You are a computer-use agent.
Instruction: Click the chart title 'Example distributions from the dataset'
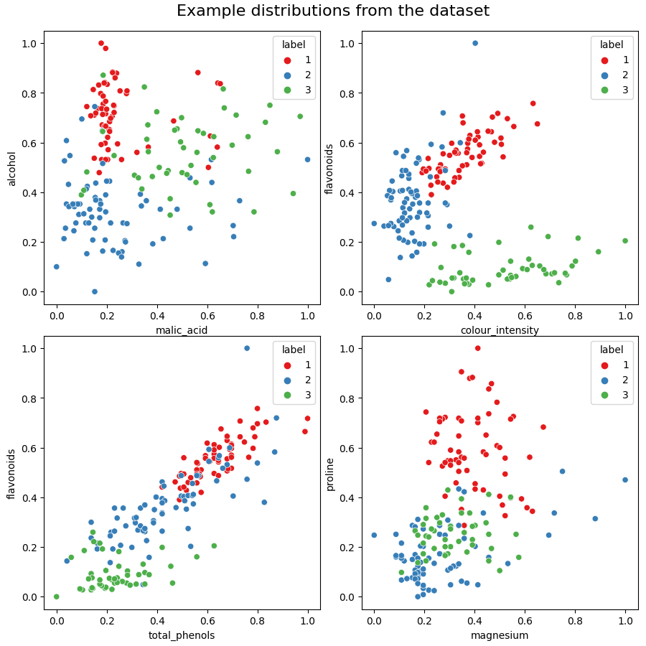[x=333, y=11]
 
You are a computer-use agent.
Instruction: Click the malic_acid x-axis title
[x=182, y=330]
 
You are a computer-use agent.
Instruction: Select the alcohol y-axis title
[x=12, y=169]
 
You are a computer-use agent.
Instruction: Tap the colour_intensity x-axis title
[x=500, y=330]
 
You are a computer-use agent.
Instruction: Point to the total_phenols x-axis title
[x=182, y=635]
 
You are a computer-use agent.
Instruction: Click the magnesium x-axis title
[x=500, y=635]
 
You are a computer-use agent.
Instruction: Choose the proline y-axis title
[x=330, y=474]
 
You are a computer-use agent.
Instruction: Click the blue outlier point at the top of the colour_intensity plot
[x=474, y=43]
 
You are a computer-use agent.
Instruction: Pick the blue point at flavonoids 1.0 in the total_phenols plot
[x=247, y=348]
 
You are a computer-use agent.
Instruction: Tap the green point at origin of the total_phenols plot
[x=57, y=596]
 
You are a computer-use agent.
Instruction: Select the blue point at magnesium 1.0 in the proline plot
[x=625, y=479]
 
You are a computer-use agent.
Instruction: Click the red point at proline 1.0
[x=477, y=348]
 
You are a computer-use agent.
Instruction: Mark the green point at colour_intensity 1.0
[x=625, y=240]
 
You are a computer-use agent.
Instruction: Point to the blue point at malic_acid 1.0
[x=307, y=159]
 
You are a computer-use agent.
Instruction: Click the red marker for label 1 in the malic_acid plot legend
[x=288, y=60]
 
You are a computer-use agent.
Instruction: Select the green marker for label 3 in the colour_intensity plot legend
[x=605, y=90]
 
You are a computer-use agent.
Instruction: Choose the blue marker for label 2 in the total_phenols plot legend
[x=288, y=380]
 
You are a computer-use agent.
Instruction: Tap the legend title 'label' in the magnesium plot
[x=612, y=350]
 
